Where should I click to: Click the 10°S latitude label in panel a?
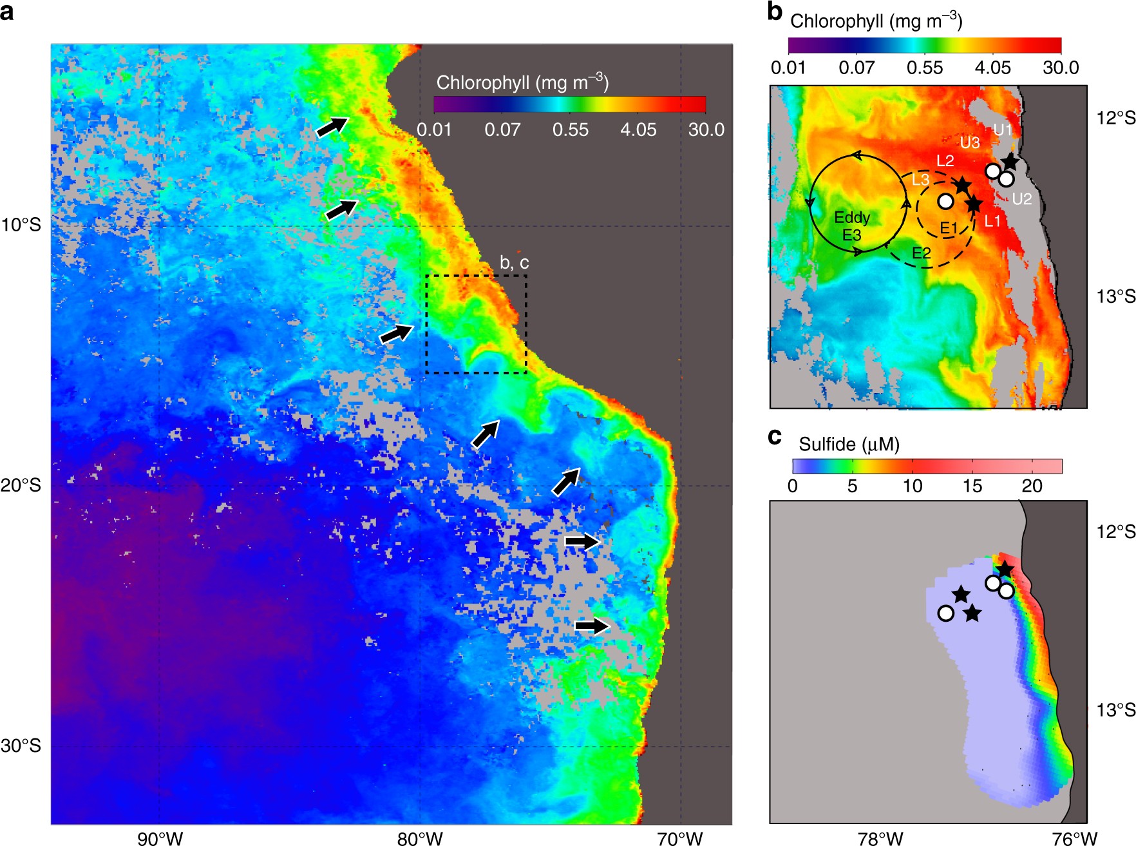pos(21,225)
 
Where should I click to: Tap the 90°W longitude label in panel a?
pos(160,838)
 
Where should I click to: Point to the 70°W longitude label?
pos(681,838)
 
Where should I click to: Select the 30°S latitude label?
pos(21,745)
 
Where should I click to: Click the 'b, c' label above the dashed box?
pos(514,262)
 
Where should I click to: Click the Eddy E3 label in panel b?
pos(852,226)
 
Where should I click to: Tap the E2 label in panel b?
pos(922,253)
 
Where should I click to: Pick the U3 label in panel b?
pos(970,142)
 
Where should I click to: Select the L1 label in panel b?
pos(992,222)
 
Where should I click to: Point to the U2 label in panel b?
pos(1021,199)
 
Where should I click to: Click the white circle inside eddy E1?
pos(945,201)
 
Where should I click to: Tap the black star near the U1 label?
pos(1009,162)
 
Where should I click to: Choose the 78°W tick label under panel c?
pos(880,838)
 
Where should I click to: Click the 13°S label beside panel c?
pos(1116,710)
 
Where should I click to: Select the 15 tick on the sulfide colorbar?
pos(972,486)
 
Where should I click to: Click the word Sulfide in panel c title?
pos(827,444)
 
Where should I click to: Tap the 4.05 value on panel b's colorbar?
pos(992,68)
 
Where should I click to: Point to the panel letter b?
pos(775,12)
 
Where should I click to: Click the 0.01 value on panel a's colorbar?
pos(434,130)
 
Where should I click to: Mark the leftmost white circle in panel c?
pos(945,613)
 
